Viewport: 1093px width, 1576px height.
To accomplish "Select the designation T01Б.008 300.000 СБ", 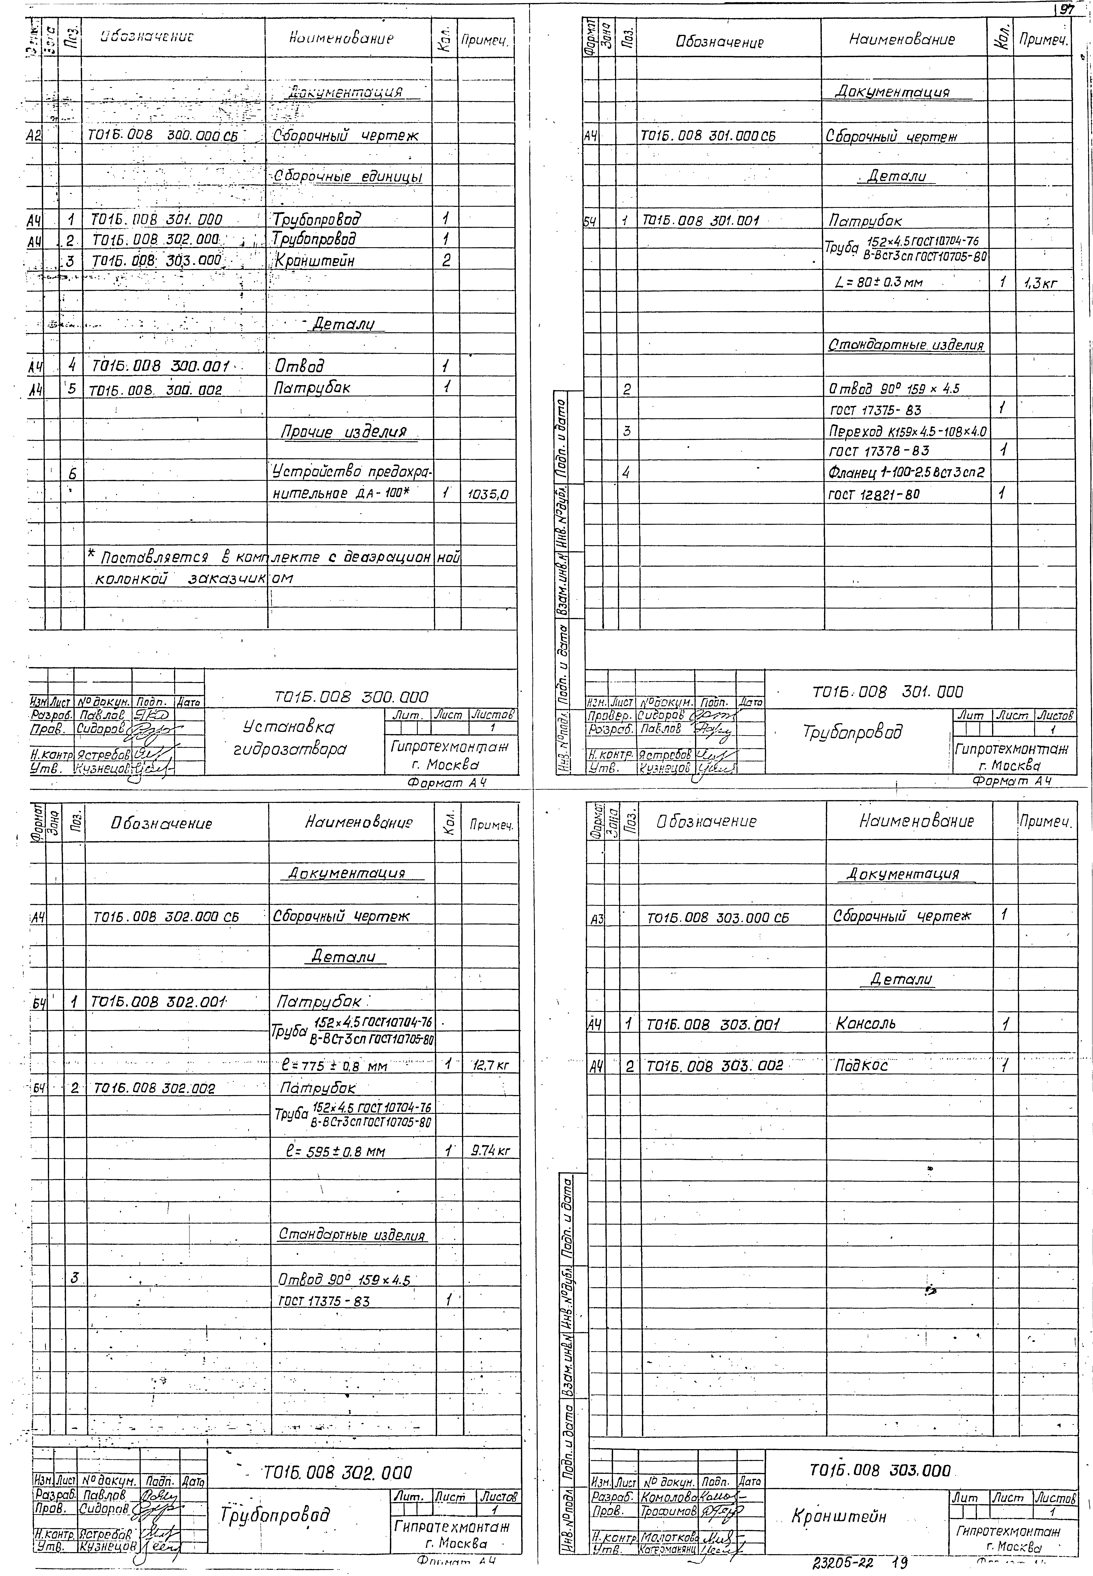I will (162, 136).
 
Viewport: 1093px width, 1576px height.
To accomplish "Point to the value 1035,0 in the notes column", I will (488, 493).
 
